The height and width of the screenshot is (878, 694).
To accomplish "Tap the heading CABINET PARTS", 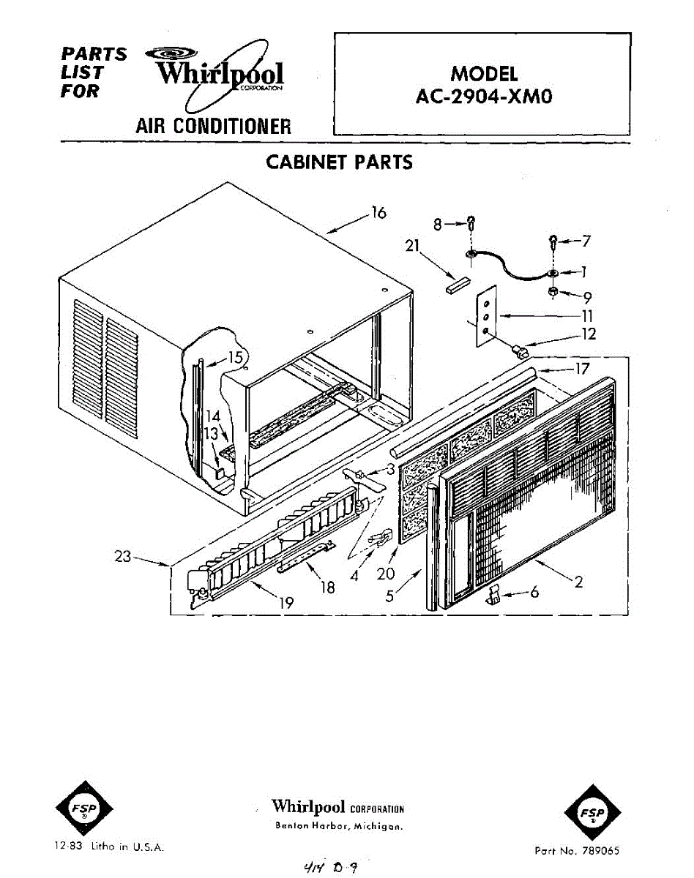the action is (339, 162).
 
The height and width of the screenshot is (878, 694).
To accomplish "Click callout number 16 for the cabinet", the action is (378, 213).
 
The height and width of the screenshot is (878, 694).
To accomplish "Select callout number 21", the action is (411, 247).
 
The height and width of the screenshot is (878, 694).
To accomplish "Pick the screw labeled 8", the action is (471, 224).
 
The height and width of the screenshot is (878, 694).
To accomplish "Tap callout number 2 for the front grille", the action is (578, 582).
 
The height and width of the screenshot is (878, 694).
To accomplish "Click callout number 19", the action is (286, 603).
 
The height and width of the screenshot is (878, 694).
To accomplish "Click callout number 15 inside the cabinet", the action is (235, 358).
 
